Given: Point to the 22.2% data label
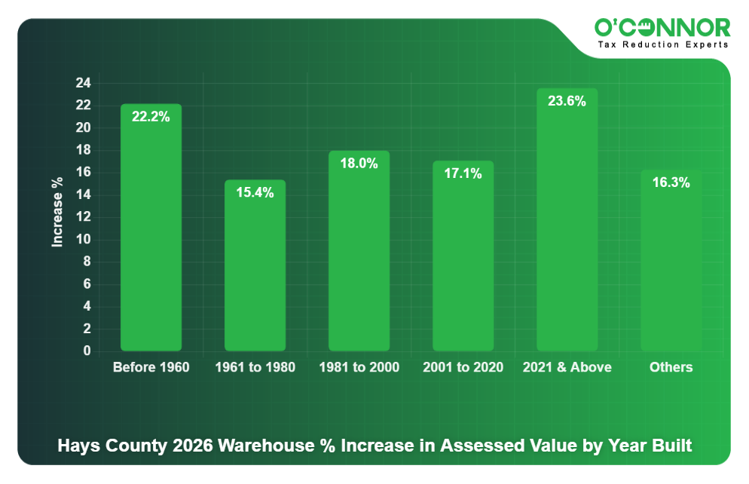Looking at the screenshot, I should click(151, 117).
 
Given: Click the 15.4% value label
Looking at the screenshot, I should click(255, 193).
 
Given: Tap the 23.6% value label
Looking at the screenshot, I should click(567, 101).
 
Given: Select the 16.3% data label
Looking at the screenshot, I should click(671, 182).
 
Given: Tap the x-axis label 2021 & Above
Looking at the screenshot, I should click(567, 368).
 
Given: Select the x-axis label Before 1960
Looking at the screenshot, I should click(151, 368).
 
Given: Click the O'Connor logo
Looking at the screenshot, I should click(662, 28).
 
